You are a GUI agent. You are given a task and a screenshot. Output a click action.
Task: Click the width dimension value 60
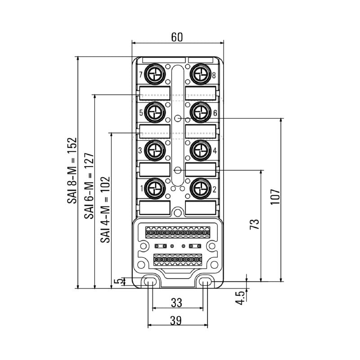tap(177, 38)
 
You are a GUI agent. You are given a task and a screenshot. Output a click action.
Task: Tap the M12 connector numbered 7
tap(155, 73)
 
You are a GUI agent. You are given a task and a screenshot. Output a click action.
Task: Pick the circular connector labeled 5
tap(155, 111)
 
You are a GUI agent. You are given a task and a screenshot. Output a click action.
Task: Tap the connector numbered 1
tap(155, 188)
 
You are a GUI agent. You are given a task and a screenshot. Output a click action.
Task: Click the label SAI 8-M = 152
tap(72, 171)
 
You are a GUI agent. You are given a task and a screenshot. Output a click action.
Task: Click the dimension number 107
tap(275, 197)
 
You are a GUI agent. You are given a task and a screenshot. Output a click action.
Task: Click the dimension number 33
tap(177, 302)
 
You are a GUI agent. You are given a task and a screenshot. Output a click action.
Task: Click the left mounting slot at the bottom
tap(150, 282)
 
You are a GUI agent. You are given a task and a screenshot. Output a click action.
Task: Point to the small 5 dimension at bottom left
tap(118, 282)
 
